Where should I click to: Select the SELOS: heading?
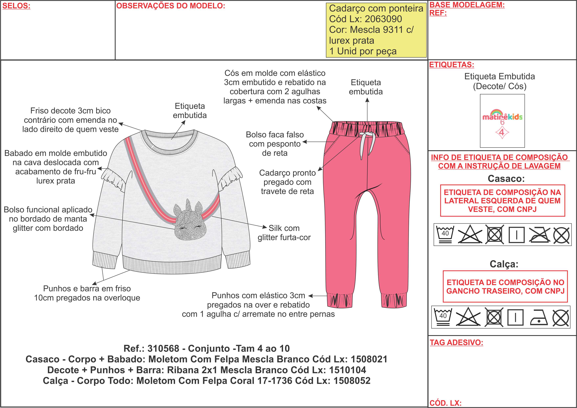16,6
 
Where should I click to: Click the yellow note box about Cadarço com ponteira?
376,30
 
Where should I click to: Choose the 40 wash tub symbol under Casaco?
445,234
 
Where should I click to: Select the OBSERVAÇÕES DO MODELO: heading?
171,6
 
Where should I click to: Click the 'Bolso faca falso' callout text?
275,144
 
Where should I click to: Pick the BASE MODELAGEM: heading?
467,5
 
